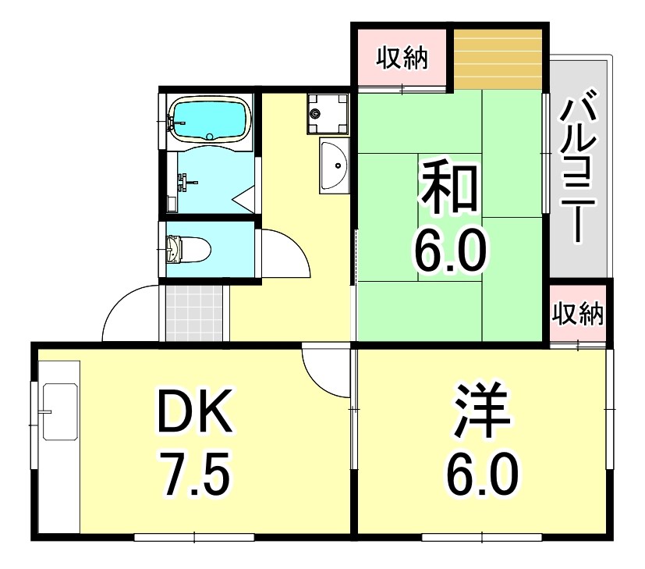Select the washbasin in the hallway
pos(335,165)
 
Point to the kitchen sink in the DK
pos(58,411)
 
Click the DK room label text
pos(194,412)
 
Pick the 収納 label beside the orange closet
pos(402,59)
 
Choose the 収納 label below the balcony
pos(578,314)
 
